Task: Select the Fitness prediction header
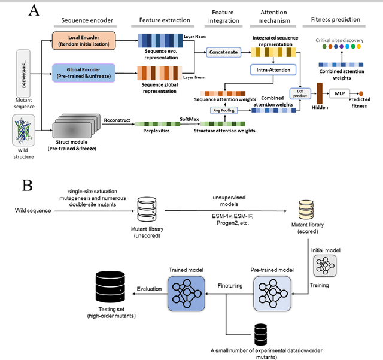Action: (x=336, y=20)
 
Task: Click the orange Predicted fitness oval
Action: (x=361, y=93)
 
